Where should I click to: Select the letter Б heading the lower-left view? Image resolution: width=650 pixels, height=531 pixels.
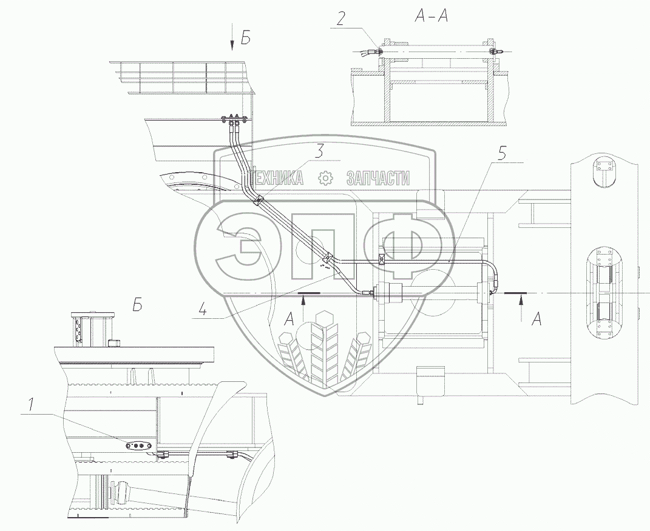point(138,306)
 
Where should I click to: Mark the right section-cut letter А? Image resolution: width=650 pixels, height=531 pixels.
point(536,319)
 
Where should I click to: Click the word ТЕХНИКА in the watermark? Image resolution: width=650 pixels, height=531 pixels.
point(277,178)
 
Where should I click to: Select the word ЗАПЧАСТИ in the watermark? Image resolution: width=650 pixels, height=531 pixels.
point(377,178)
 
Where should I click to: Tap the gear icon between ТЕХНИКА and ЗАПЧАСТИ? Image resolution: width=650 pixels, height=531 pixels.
point(326,178)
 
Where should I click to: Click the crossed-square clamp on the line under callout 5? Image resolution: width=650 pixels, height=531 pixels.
point(382,259)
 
